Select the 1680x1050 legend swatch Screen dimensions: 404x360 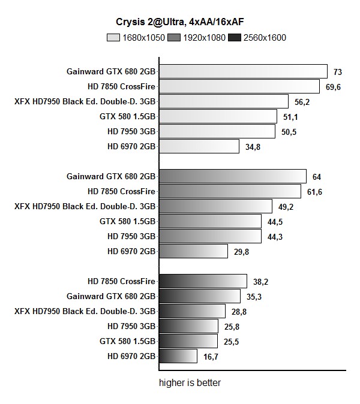(113, 38)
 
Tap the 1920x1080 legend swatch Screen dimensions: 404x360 (175, 38)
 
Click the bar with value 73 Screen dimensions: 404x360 (243, 72)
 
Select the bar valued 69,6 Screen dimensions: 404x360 (239, 86)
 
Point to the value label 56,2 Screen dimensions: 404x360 (301, 101)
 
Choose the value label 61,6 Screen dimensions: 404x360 (315, 191)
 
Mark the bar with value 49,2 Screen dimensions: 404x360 (215, 206)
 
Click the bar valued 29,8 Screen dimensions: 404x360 (193, 251)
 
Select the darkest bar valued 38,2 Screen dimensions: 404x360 (203, 281)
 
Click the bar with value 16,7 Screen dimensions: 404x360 (178, 356)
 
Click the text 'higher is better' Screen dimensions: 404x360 (190, 382)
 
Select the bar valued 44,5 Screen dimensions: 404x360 (210, 221)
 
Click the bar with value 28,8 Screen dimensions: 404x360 (192, 311)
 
